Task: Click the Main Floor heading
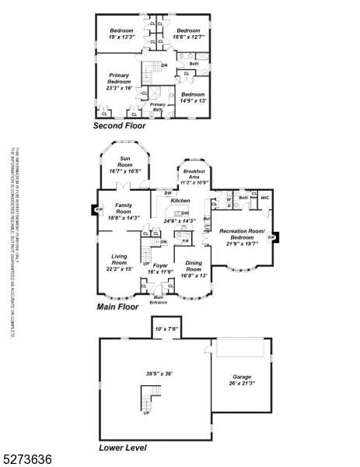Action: click(x=117, y=307)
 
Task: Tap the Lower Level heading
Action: click(x=122, y=448)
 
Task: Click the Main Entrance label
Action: click(x=159, y=299)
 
